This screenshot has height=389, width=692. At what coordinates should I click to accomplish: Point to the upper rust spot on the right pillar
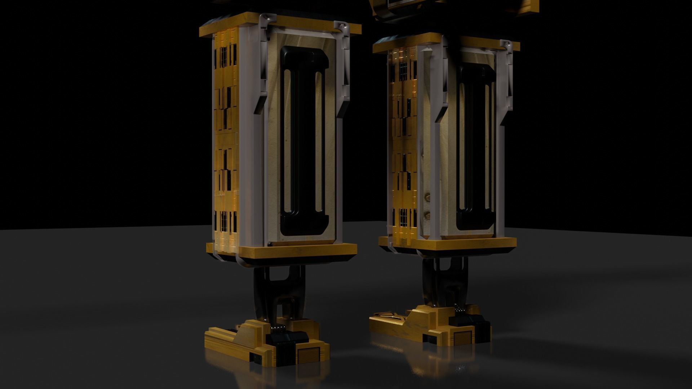[428, 196]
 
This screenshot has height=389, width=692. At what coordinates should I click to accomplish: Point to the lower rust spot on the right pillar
[428, 215]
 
